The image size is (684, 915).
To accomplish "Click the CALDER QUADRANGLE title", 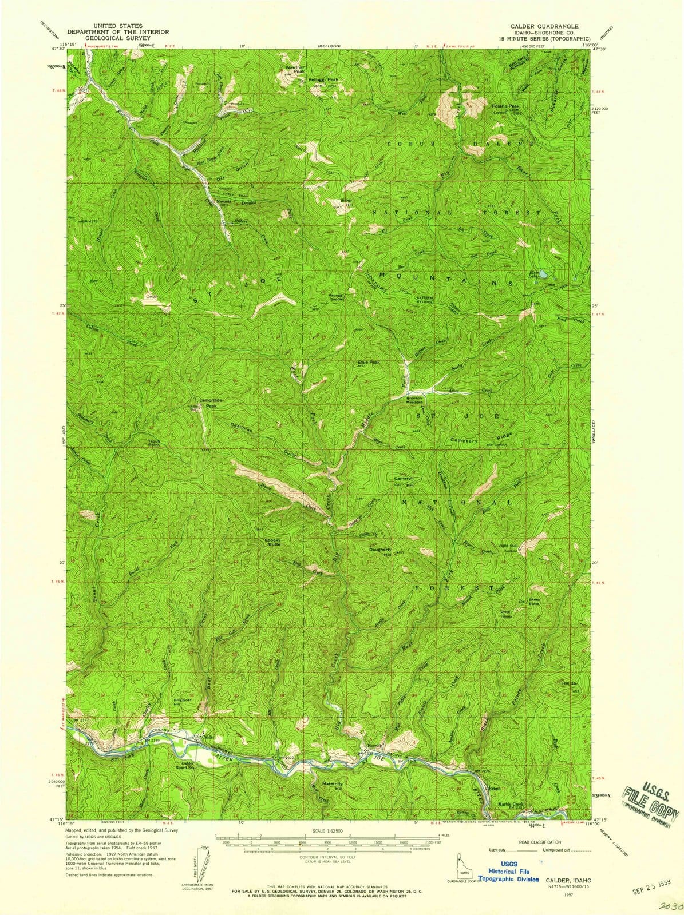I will (x=544, y=26).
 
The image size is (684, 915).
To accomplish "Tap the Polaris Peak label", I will (x=505, y=106).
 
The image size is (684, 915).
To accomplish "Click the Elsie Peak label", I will (x=369, y=362).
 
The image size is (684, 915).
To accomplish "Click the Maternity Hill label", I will (x=332, y=786).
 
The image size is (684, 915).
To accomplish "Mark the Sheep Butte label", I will (x=534, y=602).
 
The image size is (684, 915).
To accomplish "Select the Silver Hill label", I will (x=346, y=202).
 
